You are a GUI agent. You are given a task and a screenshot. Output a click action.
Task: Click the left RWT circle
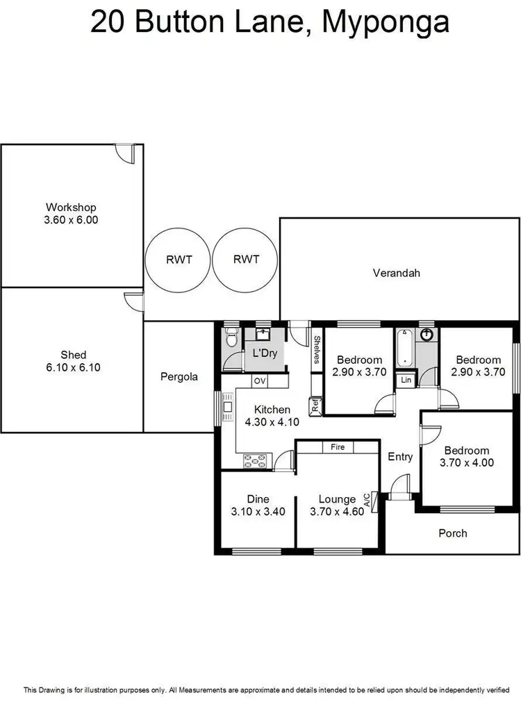click(179, 260)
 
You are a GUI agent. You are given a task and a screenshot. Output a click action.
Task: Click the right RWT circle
click(246, 260)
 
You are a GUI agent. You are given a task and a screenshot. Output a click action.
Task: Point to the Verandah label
click(396, 273)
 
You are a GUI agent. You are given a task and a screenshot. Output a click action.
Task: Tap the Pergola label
click(179, 377)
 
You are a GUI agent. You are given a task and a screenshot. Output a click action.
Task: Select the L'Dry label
click(265, 353)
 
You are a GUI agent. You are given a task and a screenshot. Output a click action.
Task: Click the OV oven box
click(259, 381)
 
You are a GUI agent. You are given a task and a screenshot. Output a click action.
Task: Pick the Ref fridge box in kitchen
click(315, 406)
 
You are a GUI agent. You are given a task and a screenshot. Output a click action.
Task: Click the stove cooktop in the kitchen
click(256, 459)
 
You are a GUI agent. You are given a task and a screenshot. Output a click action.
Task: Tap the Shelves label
click(316, 349)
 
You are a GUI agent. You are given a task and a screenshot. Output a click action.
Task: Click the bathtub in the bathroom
click(404, 348)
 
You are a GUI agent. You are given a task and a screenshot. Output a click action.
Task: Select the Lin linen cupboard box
click(406, 381)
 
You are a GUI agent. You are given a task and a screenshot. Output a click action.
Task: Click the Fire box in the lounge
click(338, 446)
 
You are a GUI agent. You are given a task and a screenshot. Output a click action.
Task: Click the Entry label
click(400, 457)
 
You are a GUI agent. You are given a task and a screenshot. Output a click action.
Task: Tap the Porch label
click(453, 533)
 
